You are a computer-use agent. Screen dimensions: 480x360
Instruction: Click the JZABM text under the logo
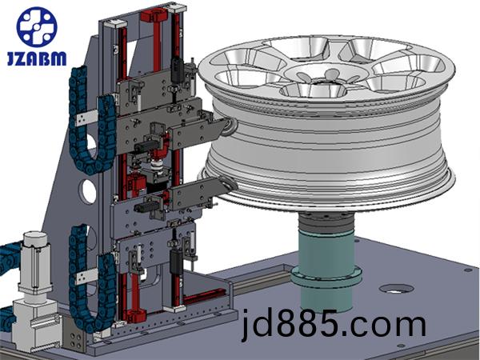(x=37, y=58)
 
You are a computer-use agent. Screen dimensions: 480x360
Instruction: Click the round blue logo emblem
(x=37, y=27)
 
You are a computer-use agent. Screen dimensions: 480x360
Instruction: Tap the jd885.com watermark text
(x=334, y=325)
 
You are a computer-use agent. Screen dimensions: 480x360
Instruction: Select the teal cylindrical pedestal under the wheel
(x=326, y=270)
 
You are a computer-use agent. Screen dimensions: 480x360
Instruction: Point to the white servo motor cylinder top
(x=35, y=239)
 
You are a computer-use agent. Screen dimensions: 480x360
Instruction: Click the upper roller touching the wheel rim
(x=230, y=126)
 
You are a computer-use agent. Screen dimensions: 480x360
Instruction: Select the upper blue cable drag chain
(x=89, y=122)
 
